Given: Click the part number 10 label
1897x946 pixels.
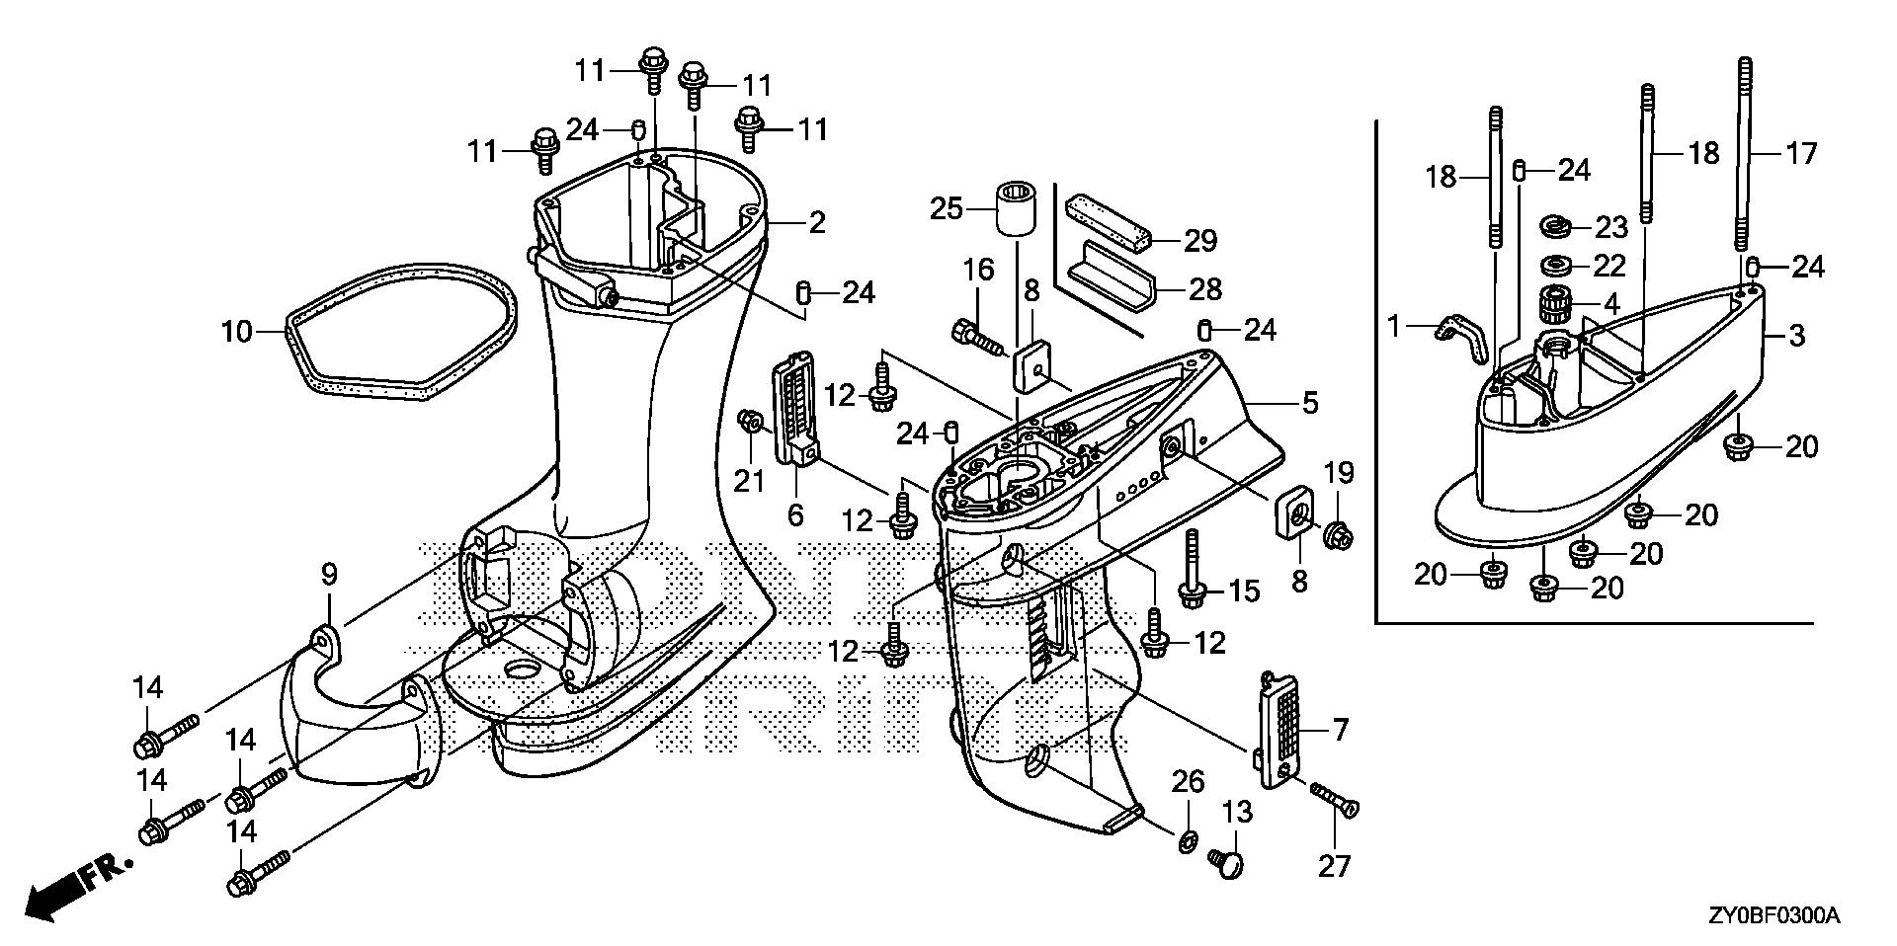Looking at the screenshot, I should pos(237,332).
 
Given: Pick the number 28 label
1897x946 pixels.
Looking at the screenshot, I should pos(1204,288).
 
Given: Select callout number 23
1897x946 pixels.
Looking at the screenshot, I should pos(1611,227).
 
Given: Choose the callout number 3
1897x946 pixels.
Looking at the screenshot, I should pos(1797,336).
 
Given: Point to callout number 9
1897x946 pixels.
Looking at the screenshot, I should pos(329,573).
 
